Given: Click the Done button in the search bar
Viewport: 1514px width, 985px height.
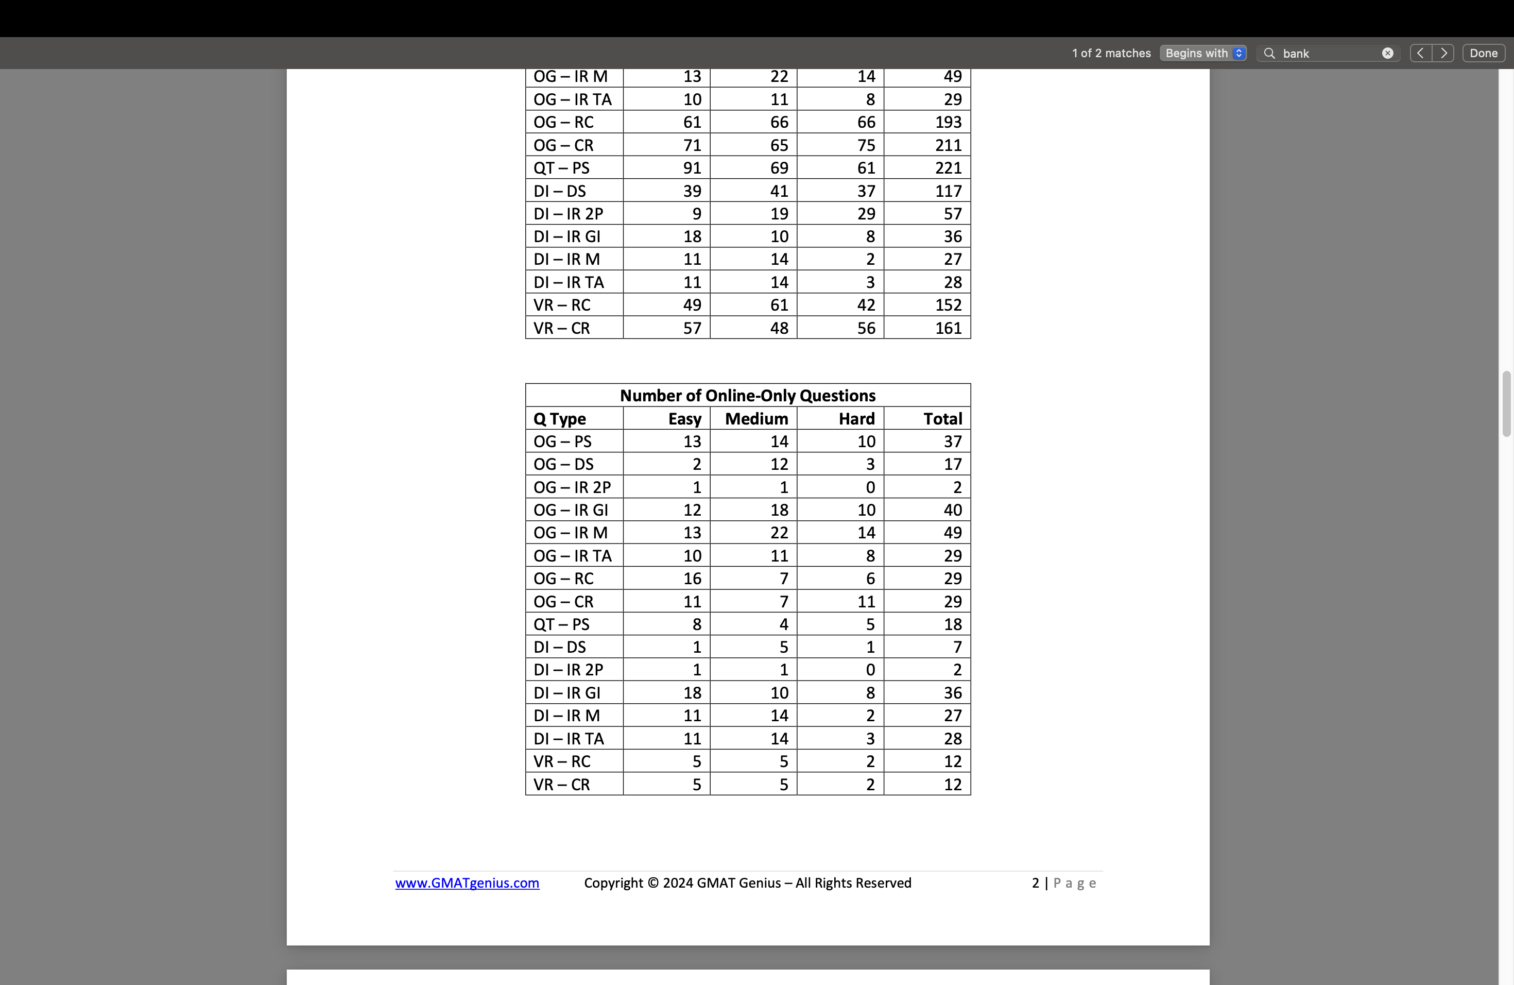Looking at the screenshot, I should [x=1484, y=54].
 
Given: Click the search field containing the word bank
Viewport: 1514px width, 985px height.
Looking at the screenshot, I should [x=1330, y=54].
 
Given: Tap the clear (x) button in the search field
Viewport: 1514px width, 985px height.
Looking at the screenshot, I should [x=1387, y=54].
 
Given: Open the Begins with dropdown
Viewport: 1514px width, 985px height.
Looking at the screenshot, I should [x=1202, y=54].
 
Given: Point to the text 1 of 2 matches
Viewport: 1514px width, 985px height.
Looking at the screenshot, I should [x=1111, y=54].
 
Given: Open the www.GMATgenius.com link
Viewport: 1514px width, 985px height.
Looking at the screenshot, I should [x=467, y=882].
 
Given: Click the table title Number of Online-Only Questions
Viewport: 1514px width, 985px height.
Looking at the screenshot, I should [x=747, y=396].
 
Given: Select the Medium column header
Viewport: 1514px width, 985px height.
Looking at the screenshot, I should [x=756, y=419].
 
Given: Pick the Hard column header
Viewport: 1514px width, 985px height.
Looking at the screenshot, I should [x=856, y=419].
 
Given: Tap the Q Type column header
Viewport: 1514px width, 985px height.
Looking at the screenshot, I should [x=560, y=419].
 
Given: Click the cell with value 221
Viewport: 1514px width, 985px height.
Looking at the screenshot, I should [x=948, y=168].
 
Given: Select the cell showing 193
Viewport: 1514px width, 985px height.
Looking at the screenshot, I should [x=948, y=122].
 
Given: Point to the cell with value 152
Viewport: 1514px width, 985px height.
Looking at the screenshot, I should [x=948, y=305].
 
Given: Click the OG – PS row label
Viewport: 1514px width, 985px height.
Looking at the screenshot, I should [x=562, y=441].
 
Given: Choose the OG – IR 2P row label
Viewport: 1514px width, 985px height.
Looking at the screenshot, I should [x=572, y=487].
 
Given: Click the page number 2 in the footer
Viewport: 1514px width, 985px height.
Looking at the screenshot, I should [x=1035, y=882].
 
